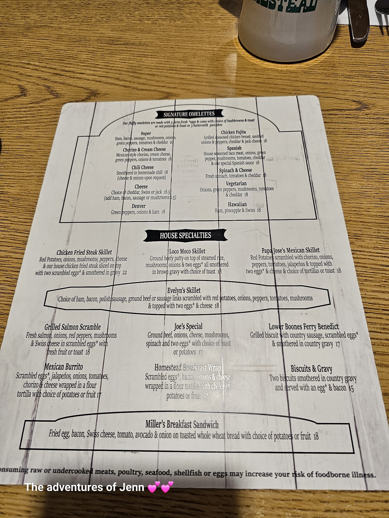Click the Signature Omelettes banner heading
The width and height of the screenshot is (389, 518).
pyautogui.click(x=189, y=114)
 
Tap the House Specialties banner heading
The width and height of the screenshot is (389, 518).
pyautogui.click(x=185, y=235)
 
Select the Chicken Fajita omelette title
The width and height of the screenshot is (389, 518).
pyautogui.click(x=233, y=132)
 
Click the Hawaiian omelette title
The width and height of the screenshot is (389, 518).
pyautogui.click(x=237, y=204)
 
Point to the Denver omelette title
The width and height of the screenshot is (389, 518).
pyautogui.click(x=138, y=206)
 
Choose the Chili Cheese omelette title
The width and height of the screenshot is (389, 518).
pyautogui.click(x=142, y=167)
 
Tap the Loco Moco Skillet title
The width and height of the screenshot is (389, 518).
pyautogui.click(x=187, y=251)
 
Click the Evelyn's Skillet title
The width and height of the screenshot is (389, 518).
pyautogui.click(x=184, y=290)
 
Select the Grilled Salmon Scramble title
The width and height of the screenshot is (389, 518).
pyautogui.click(x=72, y=327)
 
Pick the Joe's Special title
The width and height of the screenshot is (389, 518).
pyautogui.click(x=188, y=326)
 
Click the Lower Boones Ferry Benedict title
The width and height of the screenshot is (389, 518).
pyautogui.click(x=303, y=326)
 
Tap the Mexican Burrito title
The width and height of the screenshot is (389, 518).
pyautogui.click(x=64, y=367)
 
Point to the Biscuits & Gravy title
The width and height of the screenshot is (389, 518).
pyautogui.click(x=311, y=369)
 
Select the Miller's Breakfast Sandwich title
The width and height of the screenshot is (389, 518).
pyautogui.click(x=182, y=424)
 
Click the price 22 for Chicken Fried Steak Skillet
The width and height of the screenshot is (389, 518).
pyautogui.click(x=124, y=272)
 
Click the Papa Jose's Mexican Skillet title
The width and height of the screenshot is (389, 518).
pyautogui.click(x=290, y=250)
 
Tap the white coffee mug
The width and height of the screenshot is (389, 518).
pyautogui.click(x=288, y=26)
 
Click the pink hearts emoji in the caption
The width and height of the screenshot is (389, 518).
pyautogui.click(x=160, y=487)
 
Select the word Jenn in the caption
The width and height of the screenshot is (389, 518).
pyautogui.click(x=131, y=487)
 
